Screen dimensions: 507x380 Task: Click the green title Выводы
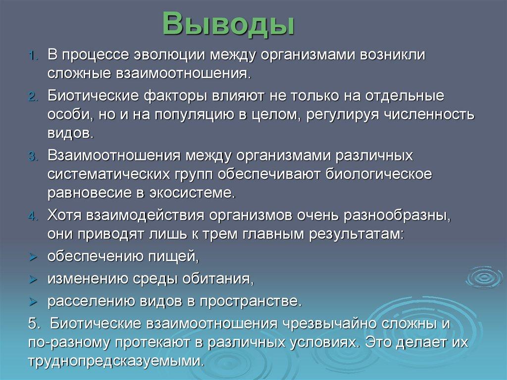pos(228,24)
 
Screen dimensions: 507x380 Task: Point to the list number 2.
pos(33,97)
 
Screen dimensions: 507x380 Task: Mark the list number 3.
pos(33,157)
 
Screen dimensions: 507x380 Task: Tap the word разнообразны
pos(397,216)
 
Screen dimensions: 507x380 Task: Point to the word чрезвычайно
pos(328,324)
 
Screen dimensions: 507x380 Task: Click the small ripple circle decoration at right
pos(484,277)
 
